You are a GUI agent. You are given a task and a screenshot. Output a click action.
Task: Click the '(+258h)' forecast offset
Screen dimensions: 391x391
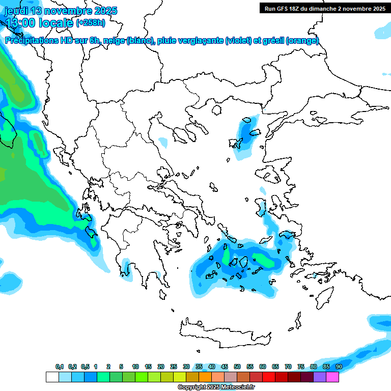point(91,22)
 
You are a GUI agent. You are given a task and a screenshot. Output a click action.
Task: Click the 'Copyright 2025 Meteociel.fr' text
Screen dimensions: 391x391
point(216,387)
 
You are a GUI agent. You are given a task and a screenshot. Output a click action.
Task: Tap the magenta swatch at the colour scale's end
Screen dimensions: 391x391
point(332,377)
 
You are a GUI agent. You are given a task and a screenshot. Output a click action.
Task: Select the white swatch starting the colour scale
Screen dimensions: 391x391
point(52,377)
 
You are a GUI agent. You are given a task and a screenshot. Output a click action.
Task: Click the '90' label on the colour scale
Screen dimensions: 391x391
point(339,367)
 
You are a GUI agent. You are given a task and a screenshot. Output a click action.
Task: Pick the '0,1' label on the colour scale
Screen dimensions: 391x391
point(60,367)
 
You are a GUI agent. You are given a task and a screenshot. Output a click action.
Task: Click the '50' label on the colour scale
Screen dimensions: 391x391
point(237,367)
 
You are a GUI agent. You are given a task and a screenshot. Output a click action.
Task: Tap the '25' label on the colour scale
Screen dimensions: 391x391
point(174,367)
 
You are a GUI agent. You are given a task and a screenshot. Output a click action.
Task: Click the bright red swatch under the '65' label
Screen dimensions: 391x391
point(269,377)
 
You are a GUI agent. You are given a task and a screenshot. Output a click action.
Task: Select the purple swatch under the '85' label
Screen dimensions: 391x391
point(320,377)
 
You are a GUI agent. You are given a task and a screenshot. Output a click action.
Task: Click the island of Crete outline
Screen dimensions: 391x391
point(224,328)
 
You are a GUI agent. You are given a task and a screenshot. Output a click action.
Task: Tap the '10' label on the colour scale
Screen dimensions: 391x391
point(135,367)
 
